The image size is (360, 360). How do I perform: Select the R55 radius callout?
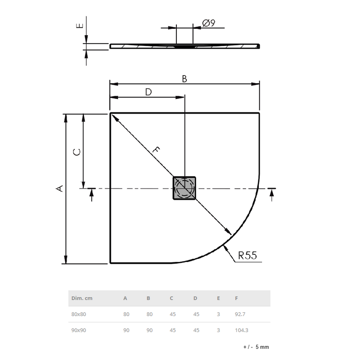(x=247, y=256)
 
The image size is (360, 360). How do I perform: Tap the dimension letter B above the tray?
(x=184, y=78)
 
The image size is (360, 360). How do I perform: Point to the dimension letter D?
(x=148, y=92)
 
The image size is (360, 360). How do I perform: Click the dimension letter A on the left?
(x=59, y=188)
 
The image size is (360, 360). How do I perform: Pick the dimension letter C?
(x=77, y=152)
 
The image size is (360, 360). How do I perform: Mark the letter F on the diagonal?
(x=156, y=151)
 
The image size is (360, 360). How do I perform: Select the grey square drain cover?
(x=184, y=188)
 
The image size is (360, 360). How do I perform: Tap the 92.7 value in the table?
(x=241, y=314)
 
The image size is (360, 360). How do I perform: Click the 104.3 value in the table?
(x=242, y=330)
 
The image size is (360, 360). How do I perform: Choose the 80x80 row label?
(x=78, y=314)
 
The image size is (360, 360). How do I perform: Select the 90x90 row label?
(x=78, y=330)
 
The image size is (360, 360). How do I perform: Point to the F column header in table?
(x=236, y=298)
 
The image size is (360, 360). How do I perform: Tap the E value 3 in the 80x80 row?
(x=218, y=314)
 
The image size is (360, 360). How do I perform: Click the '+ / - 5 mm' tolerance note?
(x=256, y=347)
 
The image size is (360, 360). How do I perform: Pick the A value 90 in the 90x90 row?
(x=126, y=330)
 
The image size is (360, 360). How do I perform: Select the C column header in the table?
(x=171, y=298)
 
